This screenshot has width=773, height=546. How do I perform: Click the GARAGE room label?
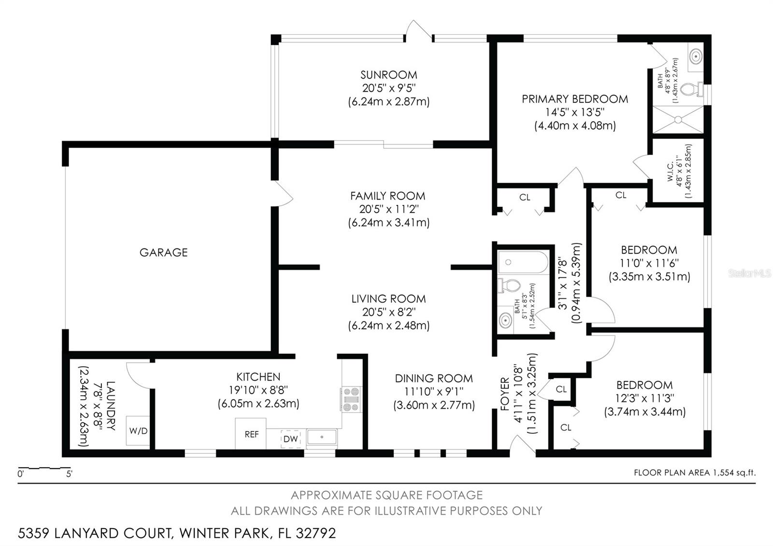pos(164,252)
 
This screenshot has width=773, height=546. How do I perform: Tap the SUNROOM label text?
pos(388,75)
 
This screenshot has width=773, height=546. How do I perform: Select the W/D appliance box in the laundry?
pos(138,431)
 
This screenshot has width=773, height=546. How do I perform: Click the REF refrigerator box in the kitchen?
pos(251,434)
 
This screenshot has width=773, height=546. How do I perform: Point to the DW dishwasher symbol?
pos(290,439)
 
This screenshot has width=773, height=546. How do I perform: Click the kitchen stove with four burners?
pos(351,400)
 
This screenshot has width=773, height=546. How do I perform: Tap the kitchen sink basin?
pos(322,437)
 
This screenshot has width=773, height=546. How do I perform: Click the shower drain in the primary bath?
pos(678,120)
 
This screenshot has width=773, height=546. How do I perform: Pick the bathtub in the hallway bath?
pos(523,262)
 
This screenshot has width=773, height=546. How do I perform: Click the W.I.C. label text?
pos(670,172)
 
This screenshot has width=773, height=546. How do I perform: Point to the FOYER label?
pos(505,394)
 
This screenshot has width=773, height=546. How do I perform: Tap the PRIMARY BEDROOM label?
pos(574,99)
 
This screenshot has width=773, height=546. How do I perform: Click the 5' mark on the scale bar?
pos(69,474)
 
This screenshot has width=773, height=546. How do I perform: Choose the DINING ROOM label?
pos(434,378)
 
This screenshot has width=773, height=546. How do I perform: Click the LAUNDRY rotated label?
pos(111,405)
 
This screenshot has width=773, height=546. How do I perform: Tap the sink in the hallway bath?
pos(505,320)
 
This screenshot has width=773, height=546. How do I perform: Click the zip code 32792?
pos(316,533)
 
